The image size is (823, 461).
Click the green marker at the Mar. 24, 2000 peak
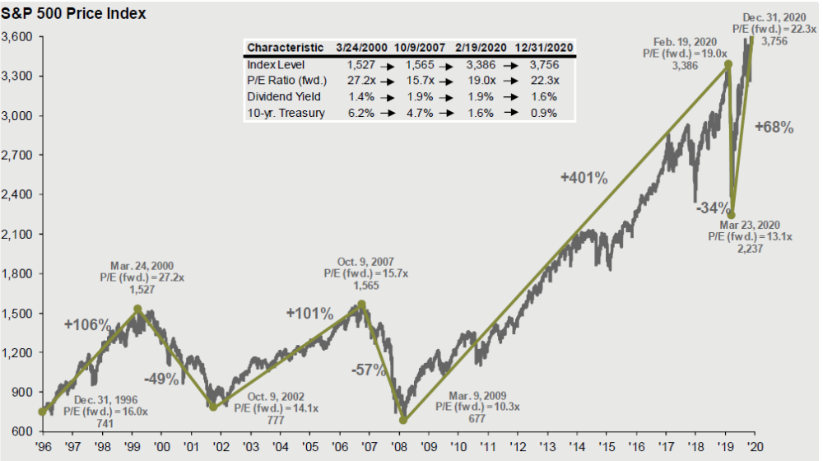point(137,310)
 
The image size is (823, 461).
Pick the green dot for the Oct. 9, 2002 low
point(213,407)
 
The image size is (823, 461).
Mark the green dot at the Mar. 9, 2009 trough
point(403,420)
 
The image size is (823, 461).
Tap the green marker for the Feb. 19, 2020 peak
point(728,63)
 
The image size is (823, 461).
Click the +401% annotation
point(584,177)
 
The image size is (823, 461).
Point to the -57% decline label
point(369,370)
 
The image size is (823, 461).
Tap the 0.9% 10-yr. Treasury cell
point(546,113)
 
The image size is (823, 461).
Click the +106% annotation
point(87,324)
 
